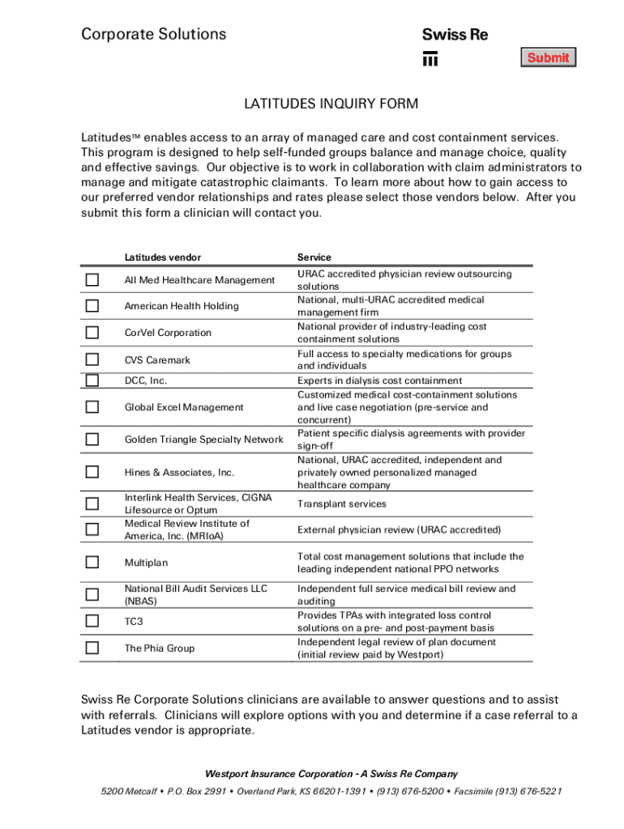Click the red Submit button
tap(548, 57)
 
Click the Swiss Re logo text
tap(455, 36)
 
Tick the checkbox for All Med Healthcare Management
tap(92, 280)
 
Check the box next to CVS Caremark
tap(92, 359)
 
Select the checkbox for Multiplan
tap(92, 562)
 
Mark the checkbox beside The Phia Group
tap(92, 648)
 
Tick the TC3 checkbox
tap(92, 621)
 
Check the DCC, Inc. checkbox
tap(92, 380)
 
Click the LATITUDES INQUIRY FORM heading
tap(331, 104)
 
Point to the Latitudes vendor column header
tap(162, 257)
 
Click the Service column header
tap(314, 257)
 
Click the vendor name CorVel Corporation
tap(167, 333)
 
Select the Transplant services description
tap(341, 504)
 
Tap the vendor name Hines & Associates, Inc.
tap(178, 472)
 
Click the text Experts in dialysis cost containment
tap(379, 380)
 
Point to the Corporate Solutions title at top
tap(153, 34)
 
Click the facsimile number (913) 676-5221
tap(531, 792)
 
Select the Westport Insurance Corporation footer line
tap(331, 773)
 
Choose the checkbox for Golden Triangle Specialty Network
tap(92, 440)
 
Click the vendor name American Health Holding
tap(181, 306)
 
